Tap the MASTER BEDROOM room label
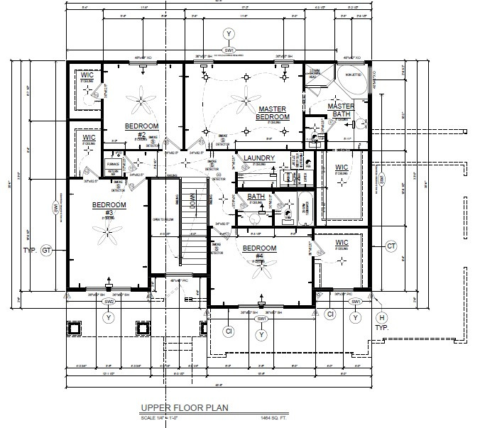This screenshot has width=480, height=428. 273,113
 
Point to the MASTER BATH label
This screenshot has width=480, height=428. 341,110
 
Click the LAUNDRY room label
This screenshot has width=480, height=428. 258,158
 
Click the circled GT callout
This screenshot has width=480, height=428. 48,251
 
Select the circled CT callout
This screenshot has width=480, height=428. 390,246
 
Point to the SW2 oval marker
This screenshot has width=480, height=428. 109,302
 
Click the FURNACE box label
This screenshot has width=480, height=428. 111,163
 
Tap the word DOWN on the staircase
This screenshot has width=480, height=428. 171,207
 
